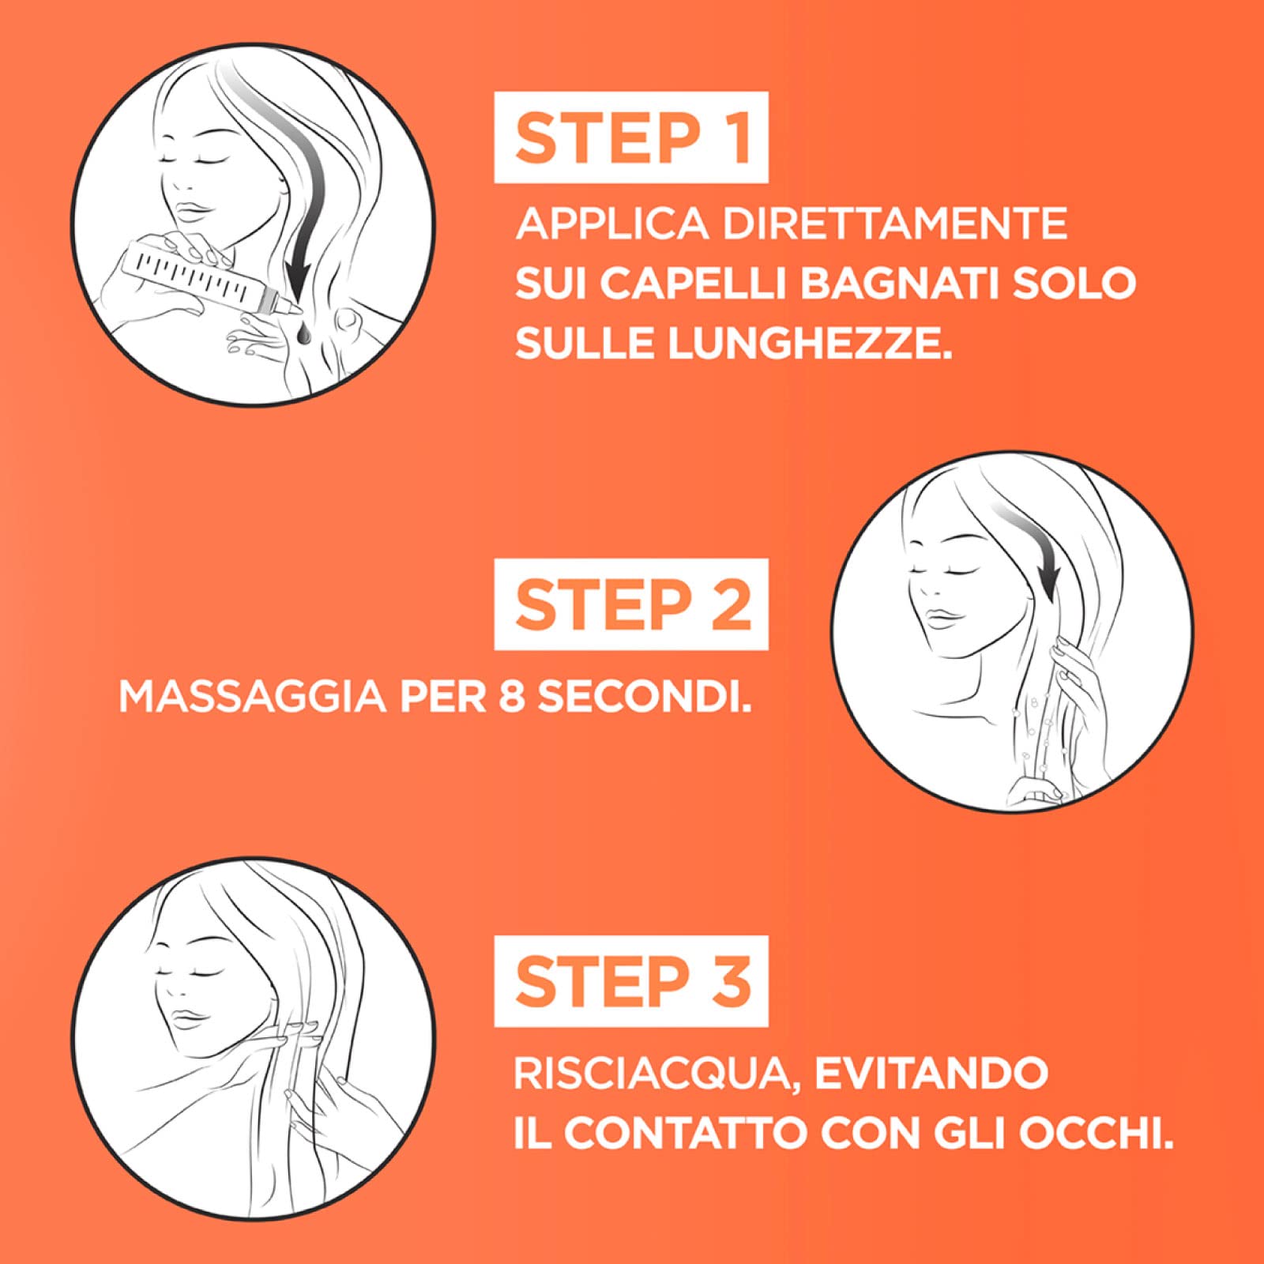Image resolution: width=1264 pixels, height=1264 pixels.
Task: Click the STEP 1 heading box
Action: tap(631, 137)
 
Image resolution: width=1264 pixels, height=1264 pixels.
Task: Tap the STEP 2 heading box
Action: tap(631, 604)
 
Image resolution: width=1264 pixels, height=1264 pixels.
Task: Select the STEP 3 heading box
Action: tap(631, 981)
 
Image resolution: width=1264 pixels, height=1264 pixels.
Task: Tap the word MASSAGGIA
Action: tap(252, 697)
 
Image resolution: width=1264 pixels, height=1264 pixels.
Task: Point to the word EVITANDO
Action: tap(931, 1074)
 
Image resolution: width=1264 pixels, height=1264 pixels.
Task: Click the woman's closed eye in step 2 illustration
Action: tap(920, 570)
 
